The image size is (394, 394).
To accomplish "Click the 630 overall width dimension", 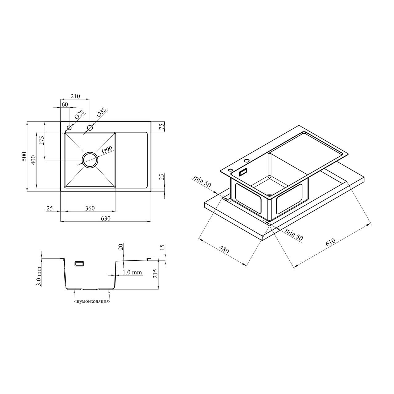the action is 106,219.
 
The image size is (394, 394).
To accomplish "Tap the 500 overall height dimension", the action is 24,156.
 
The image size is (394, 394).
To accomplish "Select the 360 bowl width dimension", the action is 90,208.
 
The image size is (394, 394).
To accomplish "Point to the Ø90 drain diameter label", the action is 107,150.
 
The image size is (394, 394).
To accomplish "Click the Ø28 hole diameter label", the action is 79,115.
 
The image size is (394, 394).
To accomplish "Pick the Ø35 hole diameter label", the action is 101,112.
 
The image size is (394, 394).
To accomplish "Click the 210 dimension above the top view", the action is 75,96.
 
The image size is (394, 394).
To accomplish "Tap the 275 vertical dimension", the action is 42,140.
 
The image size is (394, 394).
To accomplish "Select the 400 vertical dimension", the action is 33,160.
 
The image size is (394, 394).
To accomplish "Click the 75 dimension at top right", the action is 162,127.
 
